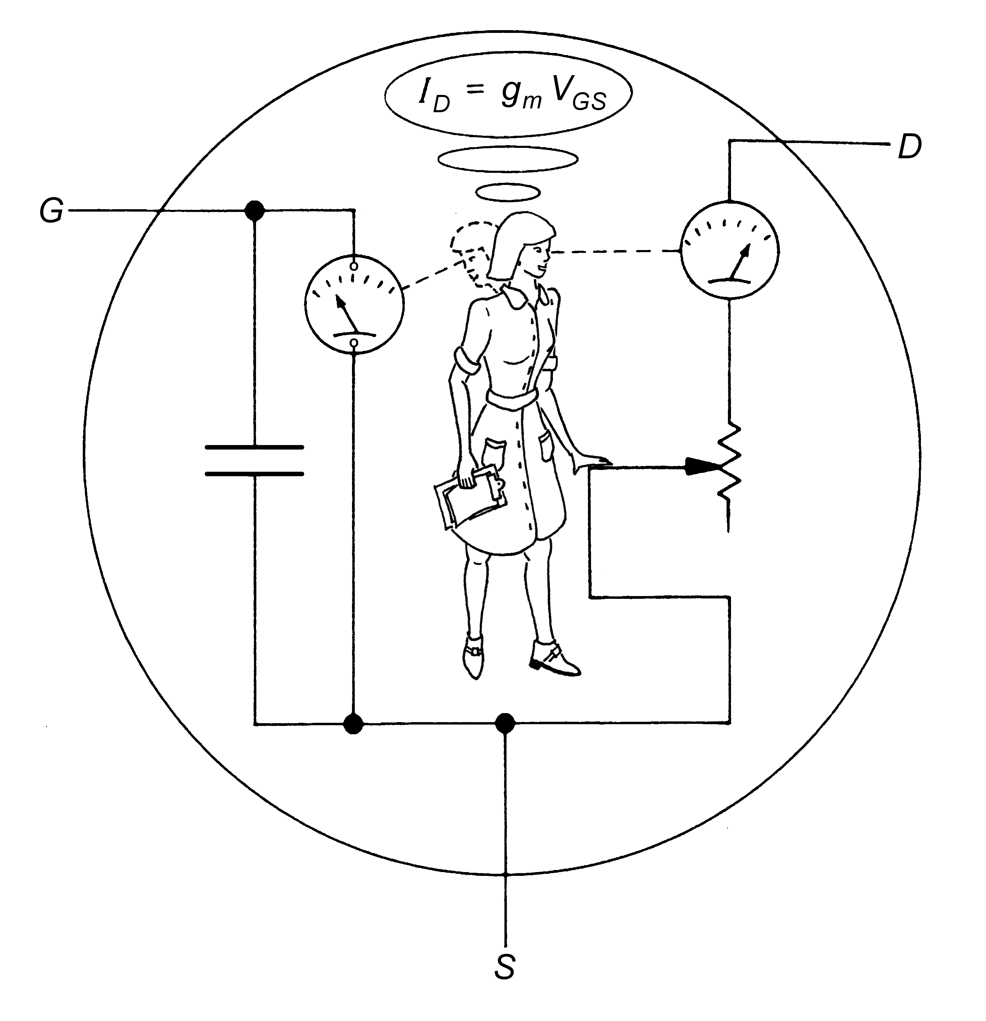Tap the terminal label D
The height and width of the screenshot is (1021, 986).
[910, 148]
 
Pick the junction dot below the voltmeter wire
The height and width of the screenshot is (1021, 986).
[354, 723]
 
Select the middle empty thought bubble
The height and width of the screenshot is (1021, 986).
[508, 159]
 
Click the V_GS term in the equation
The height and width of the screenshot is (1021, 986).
[579, 96]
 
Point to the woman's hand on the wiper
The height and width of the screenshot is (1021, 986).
[591, 460]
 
